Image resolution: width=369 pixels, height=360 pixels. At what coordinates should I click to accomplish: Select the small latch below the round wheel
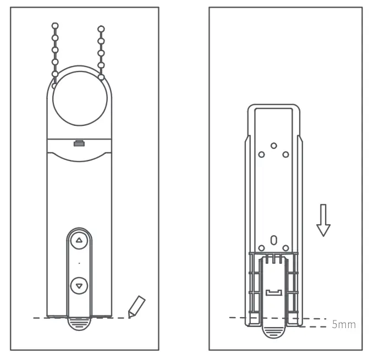coord(80,143)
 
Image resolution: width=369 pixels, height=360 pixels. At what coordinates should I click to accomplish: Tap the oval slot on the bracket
coord(273,240)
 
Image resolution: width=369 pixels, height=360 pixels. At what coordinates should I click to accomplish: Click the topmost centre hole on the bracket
coord(273,146)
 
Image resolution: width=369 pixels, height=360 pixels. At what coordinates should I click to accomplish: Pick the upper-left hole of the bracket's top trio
coord(262,154)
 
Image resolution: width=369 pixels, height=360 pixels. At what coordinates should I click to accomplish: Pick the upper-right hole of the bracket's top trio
coord(285,154)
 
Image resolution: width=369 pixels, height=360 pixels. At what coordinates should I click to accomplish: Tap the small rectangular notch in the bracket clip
coord(273,292)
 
